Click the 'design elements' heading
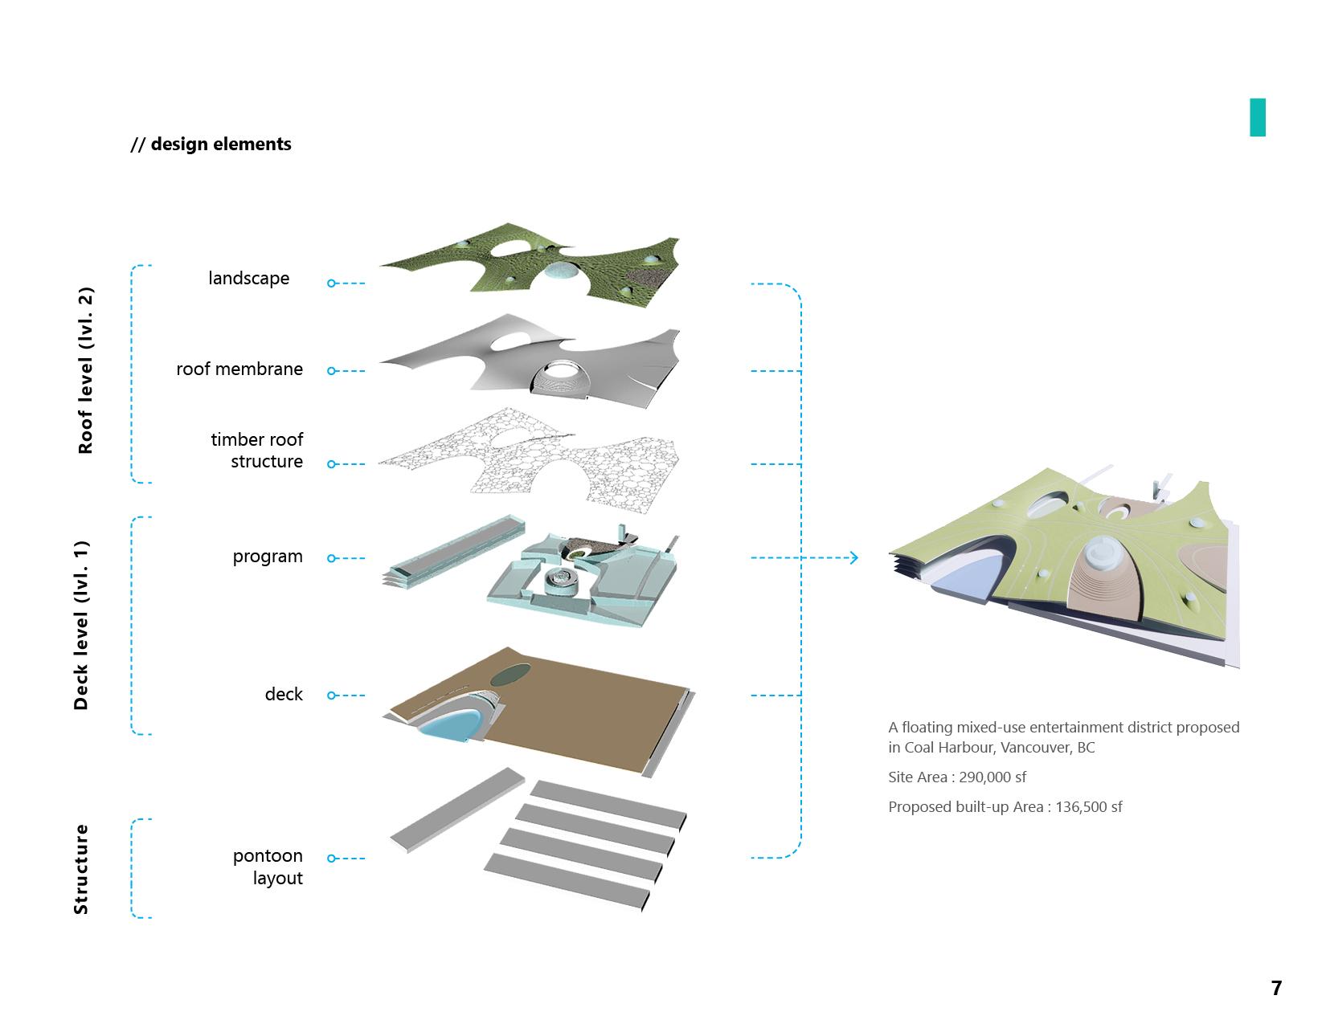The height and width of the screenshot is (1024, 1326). (211, 145)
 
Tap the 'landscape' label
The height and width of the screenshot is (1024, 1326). (248, 279)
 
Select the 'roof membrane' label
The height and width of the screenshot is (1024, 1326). (239, 369)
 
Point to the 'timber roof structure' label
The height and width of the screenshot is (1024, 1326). (257, 451)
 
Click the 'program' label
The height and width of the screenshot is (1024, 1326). (268, 557)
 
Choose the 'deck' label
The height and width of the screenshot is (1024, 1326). (284, 694)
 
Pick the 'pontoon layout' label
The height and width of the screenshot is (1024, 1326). (268, 867)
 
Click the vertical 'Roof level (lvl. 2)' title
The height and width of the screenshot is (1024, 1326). (85, 370)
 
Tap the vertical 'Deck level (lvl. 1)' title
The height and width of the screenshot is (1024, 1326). (81, 626)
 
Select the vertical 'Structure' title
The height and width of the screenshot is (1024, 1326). (81, 869)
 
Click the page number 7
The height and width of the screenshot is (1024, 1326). (1276, 988)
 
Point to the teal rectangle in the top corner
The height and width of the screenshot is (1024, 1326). (1257, 117)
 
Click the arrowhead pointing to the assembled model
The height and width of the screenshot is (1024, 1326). (853, 557)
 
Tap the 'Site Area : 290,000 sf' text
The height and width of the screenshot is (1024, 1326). (957, 777)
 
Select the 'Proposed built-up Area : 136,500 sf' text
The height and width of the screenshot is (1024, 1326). (1005, 807)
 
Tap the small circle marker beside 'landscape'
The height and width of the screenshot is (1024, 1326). (331, 284)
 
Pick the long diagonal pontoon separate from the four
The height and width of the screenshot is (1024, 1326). (457, 809)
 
